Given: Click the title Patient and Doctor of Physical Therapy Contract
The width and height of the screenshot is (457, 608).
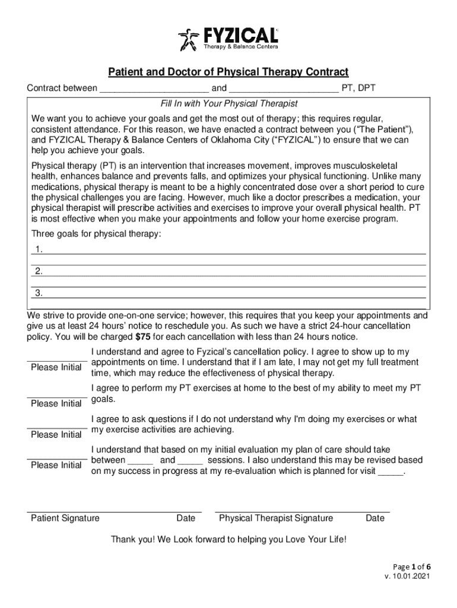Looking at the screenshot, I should tap(228, 72).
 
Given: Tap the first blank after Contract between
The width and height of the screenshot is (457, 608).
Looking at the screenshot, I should tap(154, 89).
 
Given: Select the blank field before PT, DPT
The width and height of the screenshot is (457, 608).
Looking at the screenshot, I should tap(283, 89).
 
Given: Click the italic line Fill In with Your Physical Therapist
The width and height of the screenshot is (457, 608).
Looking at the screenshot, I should tap(228, 103).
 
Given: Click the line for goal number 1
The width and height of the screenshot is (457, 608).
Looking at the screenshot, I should tap(231, 250).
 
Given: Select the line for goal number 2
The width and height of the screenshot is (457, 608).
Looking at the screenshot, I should tap(231, 272).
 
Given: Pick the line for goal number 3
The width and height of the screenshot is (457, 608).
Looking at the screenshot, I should tap(231, 293).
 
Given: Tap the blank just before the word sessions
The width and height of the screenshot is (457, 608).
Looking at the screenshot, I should tap(190, 461).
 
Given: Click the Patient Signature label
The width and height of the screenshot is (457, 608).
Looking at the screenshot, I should tap(65, 518).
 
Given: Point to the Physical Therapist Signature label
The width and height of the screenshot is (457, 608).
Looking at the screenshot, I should tap(276, 518).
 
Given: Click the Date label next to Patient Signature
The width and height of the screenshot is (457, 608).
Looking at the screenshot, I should tap(186, 518).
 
